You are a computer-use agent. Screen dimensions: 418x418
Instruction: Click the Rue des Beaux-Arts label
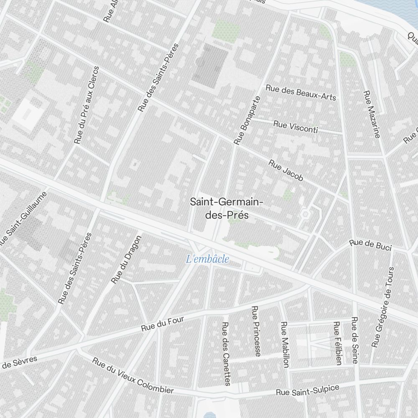click(301, 92)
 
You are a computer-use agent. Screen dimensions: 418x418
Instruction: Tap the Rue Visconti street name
click(296, 127)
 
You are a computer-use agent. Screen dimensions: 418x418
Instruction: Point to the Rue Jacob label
click(286, 171)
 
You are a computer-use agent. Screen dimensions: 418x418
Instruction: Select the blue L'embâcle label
click(208, 259)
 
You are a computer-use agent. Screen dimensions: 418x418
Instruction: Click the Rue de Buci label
click(370, 245)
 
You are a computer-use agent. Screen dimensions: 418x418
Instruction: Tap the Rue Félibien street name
click(337, 343)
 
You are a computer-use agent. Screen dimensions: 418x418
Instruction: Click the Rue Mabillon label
click(285, 345)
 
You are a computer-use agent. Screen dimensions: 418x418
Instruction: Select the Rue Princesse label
click(256, 331)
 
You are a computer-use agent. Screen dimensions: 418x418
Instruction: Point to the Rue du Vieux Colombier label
click(133, 376)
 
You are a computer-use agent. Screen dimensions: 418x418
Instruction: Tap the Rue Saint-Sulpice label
click(308, 390)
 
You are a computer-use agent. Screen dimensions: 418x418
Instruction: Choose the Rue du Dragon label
click(126, 260)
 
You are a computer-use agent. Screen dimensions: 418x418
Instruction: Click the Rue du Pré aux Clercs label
click(87, 105)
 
